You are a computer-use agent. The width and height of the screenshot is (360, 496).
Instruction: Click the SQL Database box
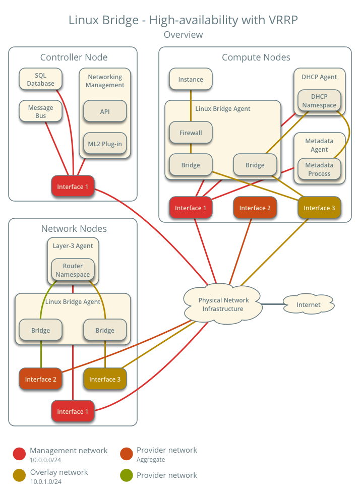pos(40,80)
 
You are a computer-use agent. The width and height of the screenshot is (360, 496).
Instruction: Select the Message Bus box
pos(40,111)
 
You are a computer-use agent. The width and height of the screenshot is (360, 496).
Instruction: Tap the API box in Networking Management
pos(105,111)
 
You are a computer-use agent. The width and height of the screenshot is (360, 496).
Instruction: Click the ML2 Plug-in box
pos(105,144)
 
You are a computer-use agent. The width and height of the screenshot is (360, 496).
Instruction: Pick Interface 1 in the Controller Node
pos(73,187)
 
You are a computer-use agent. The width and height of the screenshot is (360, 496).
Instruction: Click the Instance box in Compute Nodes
pos(191,79)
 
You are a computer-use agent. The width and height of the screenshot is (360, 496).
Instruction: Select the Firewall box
pos(191,133)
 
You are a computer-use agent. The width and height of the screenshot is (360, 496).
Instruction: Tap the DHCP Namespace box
pos(319,101)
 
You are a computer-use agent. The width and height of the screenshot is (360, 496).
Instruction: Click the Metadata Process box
pos(319,169)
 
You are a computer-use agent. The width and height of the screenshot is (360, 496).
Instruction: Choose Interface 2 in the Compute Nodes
pos(255,208)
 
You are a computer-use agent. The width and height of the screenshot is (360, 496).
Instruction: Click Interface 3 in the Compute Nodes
pos(319,208)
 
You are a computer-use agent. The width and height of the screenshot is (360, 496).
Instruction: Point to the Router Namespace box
pos(73,270)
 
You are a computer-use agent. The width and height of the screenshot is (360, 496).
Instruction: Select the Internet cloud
pos(308,304)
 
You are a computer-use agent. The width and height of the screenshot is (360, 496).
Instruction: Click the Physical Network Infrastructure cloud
pos(223,304)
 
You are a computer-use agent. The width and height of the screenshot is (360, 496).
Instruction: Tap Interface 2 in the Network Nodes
pos(40,379)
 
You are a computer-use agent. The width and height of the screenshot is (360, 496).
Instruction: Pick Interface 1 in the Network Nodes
pos(73,411)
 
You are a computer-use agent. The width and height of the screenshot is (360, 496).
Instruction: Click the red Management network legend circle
pos(19,454)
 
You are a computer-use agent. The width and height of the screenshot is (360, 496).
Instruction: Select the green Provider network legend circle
pos(127,475)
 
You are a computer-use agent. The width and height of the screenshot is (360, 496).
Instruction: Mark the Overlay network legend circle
pos(19,475)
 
